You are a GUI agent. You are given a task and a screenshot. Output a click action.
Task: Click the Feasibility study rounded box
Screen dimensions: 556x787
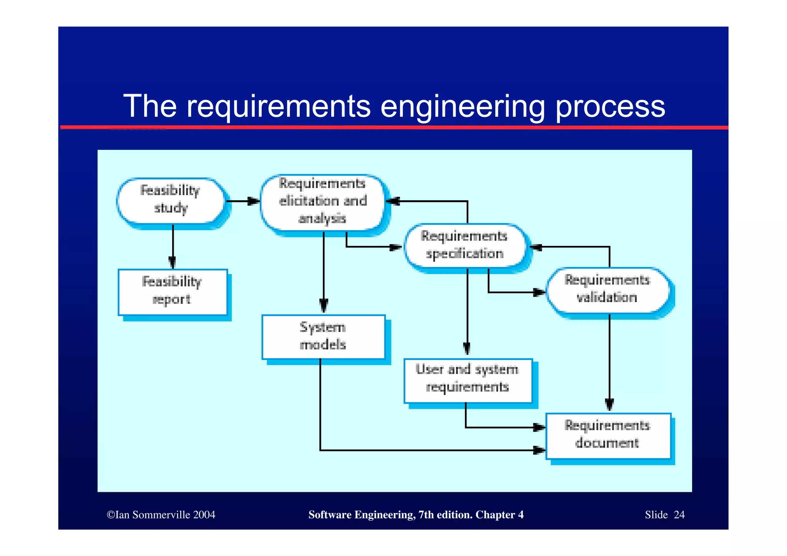[171, 200]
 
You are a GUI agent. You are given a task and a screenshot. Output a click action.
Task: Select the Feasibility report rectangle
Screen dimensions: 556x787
[172, 292]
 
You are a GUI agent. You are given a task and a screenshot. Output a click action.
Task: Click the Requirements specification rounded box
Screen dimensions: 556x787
[465, 246]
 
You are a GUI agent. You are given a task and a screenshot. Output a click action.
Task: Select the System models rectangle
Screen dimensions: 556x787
[323, 337]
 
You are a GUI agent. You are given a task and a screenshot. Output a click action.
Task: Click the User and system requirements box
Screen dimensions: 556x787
[467, 380]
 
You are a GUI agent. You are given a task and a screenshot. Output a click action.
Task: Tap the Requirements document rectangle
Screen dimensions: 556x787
[608, 435]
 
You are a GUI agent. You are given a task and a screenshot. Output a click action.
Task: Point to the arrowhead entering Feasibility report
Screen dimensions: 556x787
[173, 263]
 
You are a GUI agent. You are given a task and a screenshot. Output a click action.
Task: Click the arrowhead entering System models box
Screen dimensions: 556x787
[324, 306]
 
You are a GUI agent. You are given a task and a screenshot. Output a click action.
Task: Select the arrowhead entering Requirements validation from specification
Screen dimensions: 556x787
[539, 292]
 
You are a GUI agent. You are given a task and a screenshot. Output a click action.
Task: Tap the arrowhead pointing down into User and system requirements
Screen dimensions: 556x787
[467, 349]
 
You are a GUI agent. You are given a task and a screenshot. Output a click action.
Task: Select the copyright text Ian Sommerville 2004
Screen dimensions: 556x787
[161, 515]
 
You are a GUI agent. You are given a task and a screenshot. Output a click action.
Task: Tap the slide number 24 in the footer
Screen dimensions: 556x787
[679, 515]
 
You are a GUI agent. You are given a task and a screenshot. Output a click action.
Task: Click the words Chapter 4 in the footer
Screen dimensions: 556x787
[499, 515]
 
